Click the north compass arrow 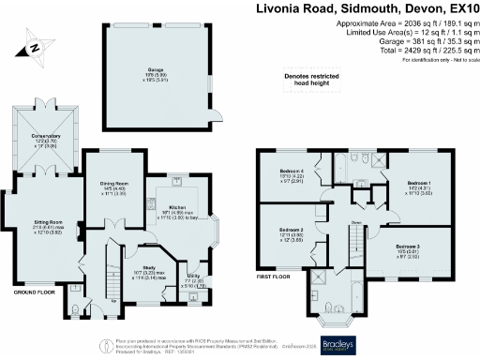pos(33,47)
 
